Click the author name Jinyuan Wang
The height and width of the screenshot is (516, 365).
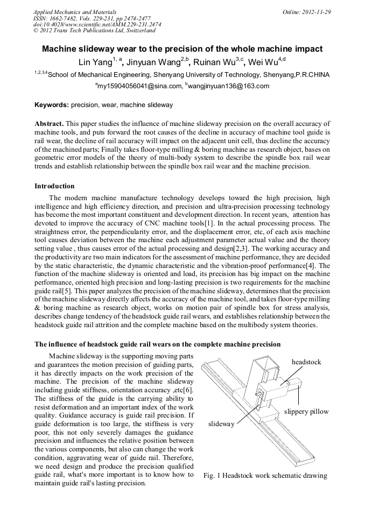[x=154, y=62]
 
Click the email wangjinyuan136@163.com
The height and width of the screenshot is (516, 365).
[x=229, y=86]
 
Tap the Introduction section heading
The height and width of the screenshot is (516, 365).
[x=55, y=186]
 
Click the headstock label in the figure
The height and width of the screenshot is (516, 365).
[x=306, y=362]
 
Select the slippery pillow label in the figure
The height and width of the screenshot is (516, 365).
[x=306, y=412]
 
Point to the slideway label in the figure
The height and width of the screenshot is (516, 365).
[x=221, y=424]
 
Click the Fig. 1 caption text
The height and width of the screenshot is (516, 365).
[x=265, y=476]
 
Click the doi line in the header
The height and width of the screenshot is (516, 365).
[x=97, y=24]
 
